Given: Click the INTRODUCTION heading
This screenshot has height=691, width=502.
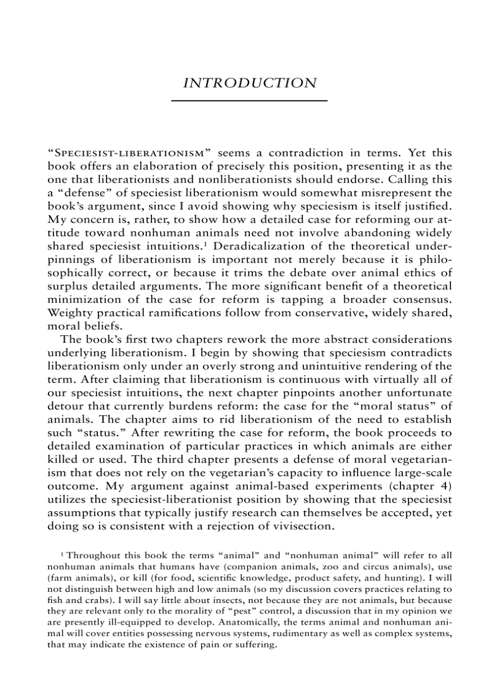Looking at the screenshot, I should point(250,83).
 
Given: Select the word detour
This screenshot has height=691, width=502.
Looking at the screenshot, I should point(64,407).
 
